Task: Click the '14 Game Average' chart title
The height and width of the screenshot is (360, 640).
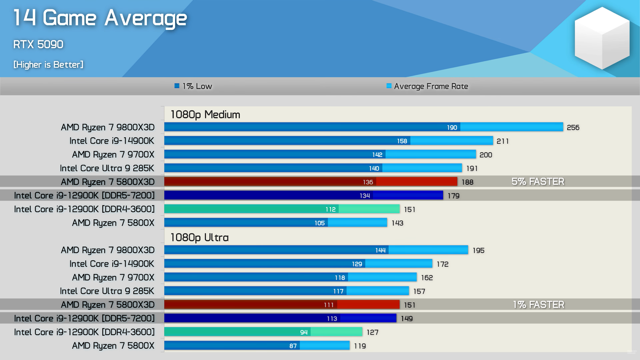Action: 100,18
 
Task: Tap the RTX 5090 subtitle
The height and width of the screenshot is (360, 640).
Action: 38,44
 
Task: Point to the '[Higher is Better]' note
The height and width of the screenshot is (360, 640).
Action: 48,65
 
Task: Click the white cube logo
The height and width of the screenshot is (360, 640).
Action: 602,38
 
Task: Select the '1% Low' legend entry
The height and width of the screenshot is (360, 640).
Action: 193,86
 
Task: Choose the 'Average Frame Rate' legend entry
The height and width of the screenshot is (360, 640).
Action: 427,86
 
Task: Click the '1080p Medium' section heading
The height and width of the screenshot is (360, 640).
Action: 205,115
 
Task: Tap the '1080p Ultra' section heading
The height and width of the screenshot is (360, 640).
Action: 200,238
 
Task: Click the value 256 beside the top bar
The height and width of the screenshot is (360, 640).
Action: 573,128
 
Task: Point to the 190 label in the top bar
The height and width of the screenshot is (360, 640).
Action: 452,128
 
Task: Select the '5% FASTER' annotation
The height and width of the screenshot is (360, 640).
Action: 538,182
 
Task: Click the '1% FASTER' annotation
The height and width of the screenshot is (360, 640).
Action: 539,305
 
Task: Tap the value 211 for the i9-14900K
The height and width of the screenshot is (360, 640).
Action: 503,141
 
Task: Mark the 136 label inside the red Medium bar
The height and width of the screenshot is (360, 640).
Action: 368,182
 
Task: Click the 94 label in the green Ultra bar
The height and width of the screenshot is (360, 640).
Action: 304,332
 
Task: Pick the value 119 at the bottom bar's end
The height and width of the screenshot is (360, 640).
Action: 360,346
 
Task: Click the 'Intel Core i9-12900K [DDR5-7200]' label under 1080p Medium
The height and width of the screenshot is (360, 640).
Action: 84,196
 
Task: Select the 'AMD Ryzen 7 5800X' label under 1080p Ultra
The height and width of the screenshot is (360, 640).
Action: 113,346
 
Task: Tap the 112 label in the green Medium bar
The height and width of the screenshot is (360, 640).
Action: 331,209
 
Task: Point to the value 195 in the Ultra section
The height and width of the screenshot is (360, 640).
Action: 478,251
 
